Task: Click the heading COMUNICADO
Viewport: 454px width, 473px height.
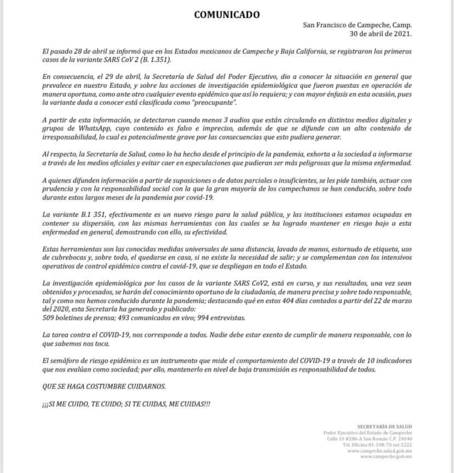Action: click(x=227, y=15)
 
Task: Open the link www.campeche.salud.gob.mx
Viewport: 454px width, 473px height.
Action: click(x=386, y=450)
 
